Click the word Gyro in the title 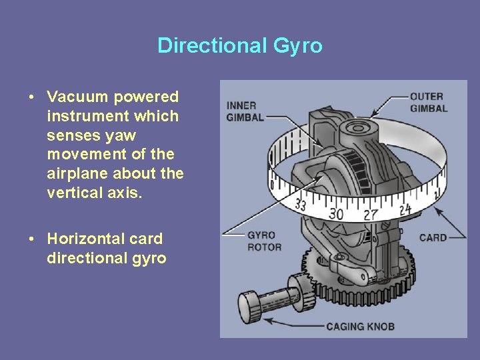pyautogui.click(x=297, y=46)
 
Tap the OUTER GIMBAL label pyautogui.click(x=427, y=102)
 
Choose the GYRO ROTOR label pyautogui.click(x=264, y=241)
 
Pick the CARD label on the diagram pyautogui.click(x=433, y=237)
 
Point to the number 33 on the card pyautogui.click(x=301, y=205)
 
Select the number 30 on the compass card pyautogui.click(x=336, y=213)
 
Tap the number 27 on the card pyautogui.click(x=371, y=213)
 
